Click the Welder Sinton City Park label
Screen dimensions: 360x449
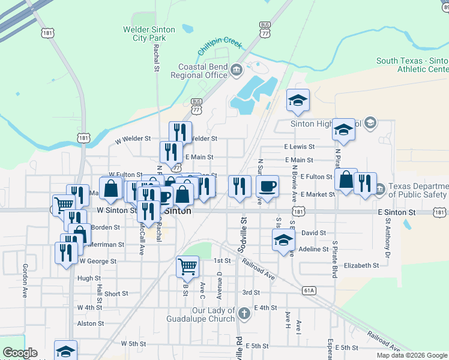(149, 33)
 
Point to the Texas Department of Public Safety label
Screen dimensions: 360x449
(418, 190)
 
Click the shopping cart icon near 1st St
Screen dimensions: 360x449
(187, 266)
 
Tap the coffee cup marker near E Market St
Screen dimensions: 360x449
(267, 186)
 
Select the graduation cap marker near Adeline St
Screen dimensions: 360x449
(283, 241)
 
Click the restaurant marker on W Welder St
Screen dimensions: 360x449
(179, 133)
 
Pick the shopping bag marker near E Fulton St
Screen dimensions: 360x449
(346, 179)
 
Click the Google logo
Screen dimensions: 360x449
(20, 353)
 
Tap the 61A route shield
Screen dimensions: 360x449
(309, 290)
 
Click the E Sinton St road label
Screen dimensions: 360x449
(397, 212)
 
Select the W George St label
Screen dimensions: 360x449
(97, 261)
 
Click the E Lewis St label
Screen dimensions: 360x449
(299, 146)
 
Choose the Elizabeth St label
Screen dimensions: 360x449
(362, 265)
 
